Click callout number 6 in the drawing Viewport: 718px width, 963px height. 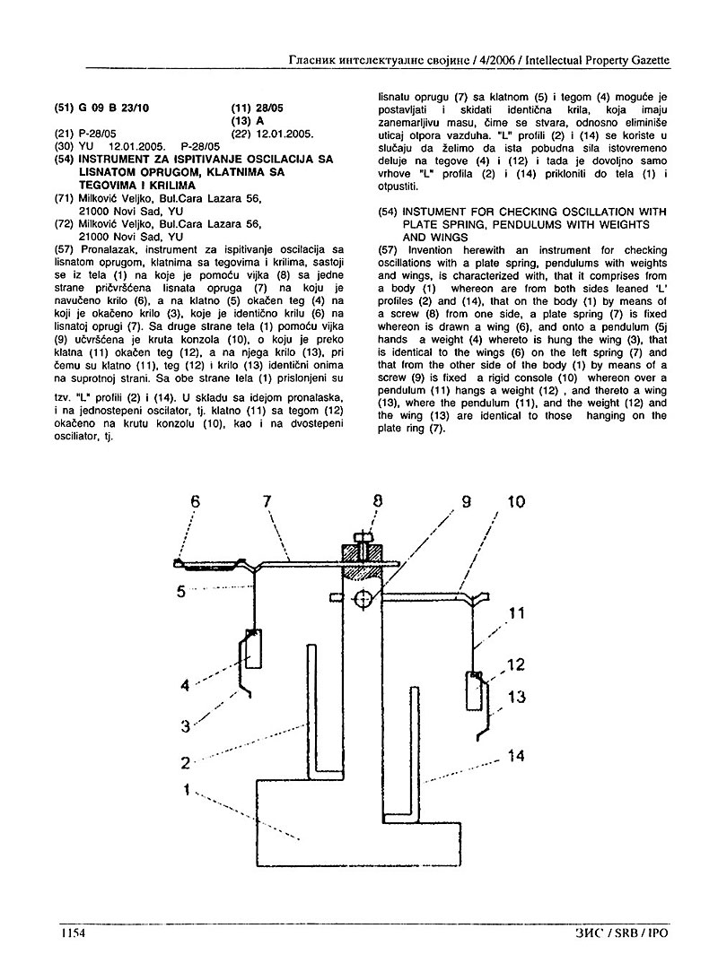[x=194, y=503]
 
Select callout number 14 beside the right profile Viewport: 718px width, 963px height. [x=515, y=756]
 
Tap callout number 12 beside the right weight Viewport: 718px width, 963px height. [x=515, y=664]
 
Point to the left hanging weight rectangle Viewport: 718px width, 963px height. [x=254, y=647]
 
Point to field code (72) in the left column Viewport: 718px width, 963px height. [x=65, y=223]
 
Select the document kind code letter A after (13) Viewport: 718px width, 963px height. [x=260, y=121]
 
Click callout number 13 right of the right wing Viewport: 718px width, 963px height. [x=515, y=697]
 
